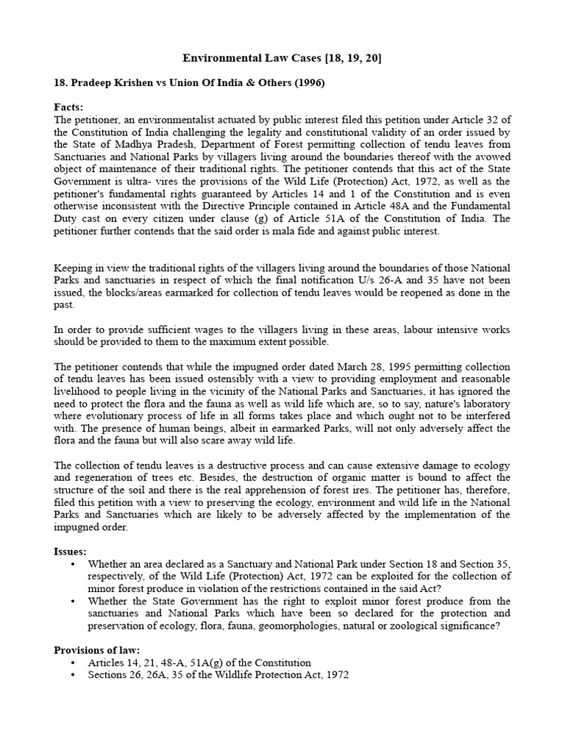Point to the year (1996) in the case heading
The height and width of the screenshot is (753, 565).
coord(308,83)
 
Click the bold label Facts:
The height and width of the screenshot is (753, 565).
coord(69,107)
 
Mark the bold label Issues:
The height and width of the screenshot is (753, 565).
coord(71,551)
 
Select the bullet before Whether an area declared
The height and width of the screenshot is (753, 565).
coord(72,564)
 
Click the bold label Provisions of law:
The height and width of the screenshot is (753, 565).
coord(97,650)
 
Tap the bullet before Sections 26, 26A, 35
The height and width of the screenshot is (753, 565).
coord(72,675)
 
